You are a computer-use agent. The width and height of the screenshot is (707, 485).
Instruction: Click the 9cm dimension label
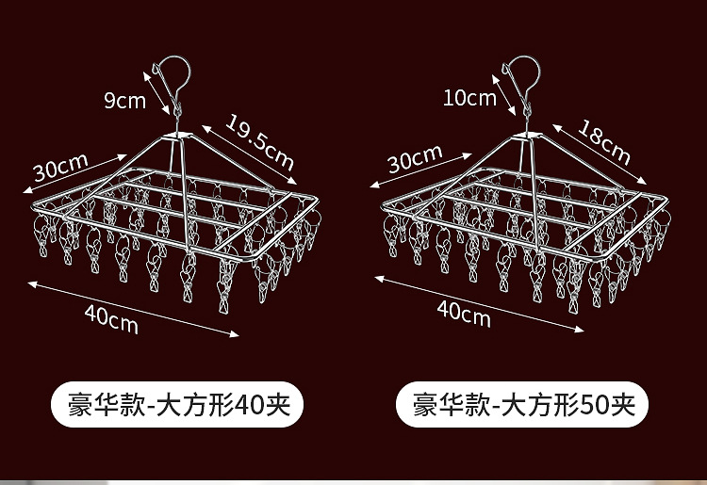coord(124,101)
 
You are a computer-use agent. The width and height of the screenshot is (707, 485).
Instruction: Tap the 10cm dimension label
coord(469,97)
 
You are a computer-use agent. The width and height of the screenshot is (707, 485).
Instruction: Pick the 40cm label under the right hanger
coord(463,312)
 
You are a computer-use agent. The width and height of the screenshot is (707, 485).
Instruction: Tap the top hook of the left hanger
coord(176,72)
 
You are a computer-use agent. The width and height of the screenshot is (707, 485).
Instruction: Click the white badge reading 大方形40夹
coord(175,406)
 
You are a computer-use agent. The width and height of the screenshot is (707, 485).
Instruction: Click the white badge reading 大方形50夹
coord(524,406)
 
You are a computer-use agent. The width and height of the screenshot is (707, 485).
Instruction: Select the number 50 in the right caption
coord(600,406)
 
